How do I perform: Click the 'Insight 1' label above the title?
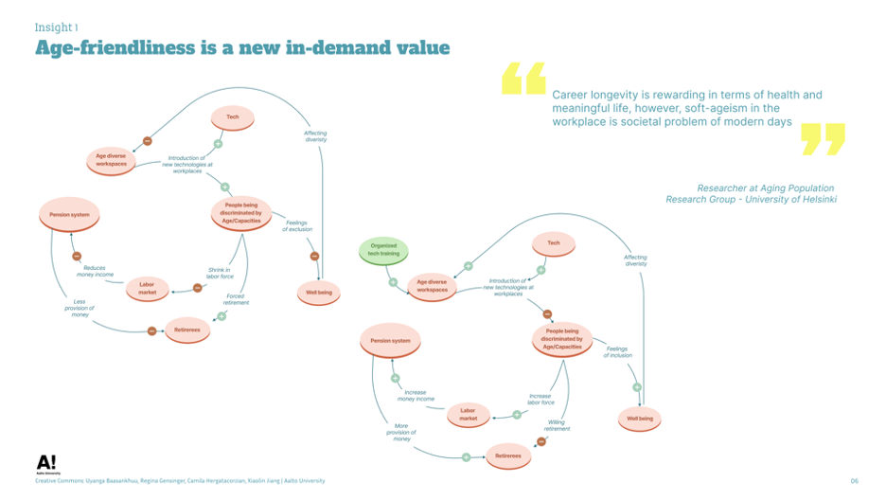pyautogui.click(x=57, y=27)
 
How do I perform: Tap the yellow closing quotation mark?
pyautogui.click(x=822, y=138)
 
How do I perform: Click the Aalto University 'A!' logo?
pyautogui.click(x=46, y=464)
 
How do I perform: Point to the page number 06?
pyautogui.click(x=854, y=481)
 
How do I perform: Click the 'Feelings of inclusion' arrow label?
pyautogui.click(x=618, y=352)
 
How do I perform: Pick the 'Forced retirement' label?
pyautogui.click(x=236, y=299)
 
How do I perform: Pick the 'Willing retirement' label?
pyautogui.click(x=558, y=426)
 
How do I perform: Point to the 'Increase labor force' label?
pyautogui.click(x=540, y=399)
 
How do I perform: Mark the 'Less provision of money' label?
pyautogui.click(x=80, y=309)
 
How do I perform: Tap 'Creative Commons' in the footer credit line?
pyautogui.click(x=62, y=481)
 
